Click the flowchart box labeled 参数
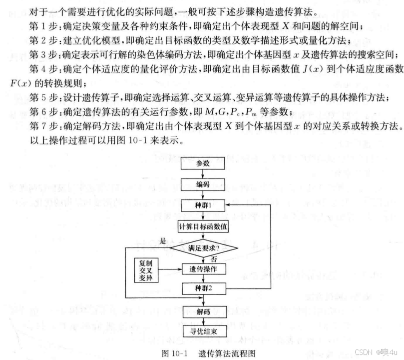click(202, 163)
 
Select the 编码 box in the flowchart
click(202, 184)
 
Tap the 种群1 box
click(202, 205)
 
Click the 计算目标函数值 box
click(202, 226)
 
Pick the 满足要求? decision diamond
click(202, 247)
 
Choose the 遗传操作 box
click(202, 269)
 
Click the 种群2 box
click(202, 289)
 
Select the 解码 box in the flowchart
click(202, 311)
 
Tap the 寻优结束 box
click(202, 331)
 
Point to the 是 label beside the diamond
click(162, 240)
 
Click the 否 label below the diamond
click(214, 258)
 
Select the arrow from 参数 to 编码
click(202, 173)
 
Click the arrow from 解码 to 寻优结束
click(202, 321)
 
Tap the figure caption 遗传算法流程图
click(227, 352)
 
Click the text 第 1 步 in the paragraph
click(42, 25)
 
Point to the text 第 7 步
click(42, 123)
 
